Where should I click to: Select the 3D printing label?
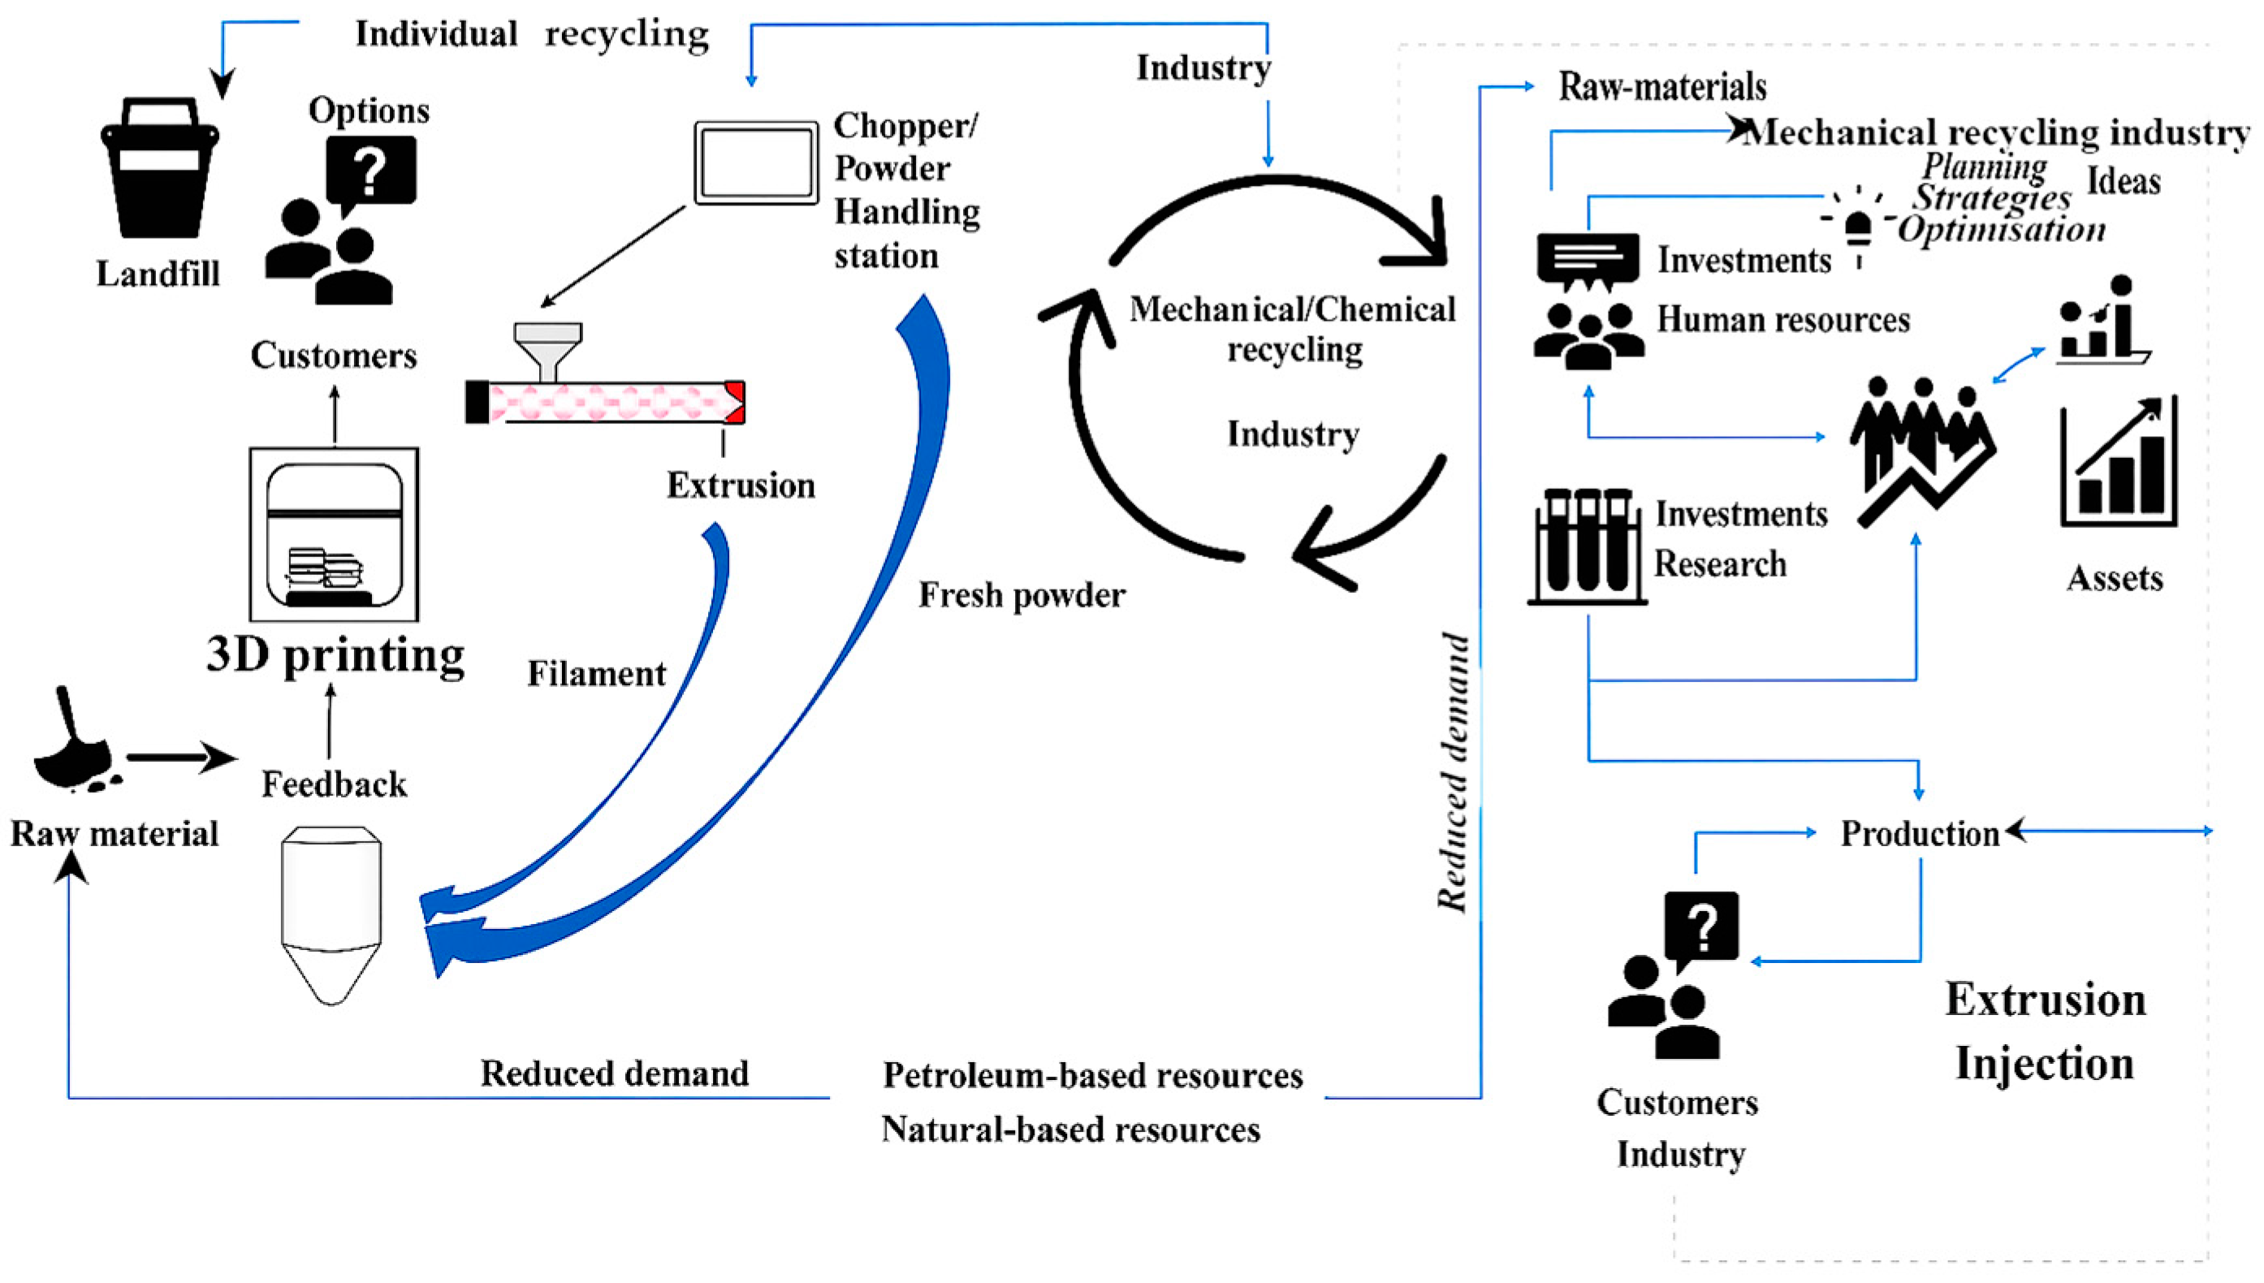[x=335, y=655]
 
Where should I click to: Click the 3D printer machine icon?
[x=334, y=534]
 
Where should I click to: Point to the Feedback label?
[x=334, y=784]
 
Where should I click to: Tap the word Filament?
[x=596, y=674]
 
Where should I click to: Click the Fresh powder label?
[x=1022, y=596]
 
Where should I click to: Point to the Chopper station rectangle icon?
[x=756, y=163]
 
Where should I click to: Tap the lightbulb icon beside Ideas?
[x=1858, y=226]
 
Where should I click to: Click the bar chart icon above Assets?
[x=2119, y=463]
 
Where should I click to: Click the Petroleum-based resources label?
[x=1092, y=1076]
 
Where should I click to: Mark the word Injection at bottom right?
[x=2045, y=1064]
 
